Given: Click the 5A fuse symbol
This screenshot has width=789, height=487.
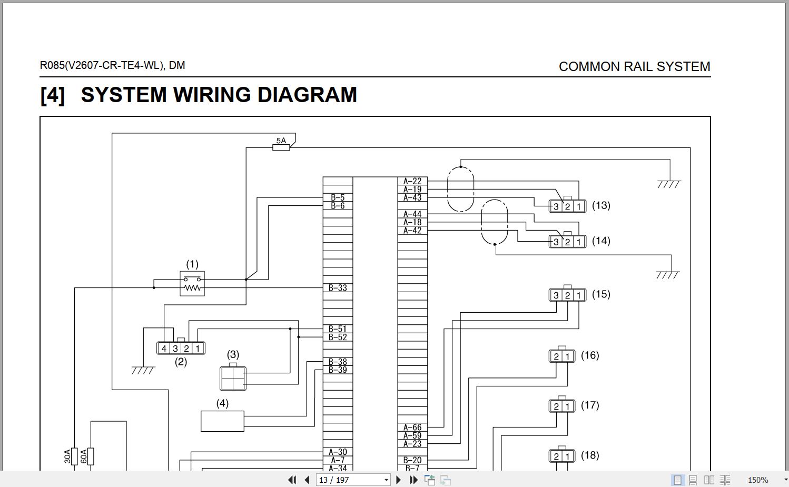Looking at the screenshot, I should (x=281, y=147).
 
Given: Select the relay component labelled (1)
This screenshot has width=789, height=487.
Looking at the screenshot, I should (x=192, y=284).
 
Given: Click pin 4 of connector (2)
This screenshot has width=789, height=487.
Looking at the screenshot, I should (x=164, y=349).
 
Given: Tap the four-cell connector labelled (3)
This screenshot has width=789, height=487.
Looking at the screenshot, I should (x=233, y=378).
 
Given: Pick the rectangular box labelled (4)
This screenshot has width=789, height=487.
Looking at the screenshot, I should (x=222, y=421).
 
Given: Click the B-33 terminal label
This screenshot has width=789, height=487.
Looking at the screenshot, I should (x=338, y=288).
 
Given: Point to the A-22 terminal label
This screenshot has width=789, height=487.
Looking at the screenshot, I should (x=412, y=181).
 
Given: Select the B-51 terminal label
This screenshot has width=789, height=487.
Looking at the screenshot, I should (x=338, y=329).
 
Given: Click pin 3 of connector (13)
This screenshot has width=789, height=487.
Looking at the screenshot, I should (x=556, y=207).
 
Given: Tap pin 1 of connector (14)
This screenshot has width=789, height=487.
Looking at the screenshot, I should (x=578, y=242).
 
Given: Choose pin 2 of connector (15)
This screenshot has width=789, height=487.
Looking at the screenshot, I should (x=567, y=296).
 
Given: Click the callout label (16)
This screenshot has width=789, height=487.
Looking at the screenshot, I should (x=590, y=355).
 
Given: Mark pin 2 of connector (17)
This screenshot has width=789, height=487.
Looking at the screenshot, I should (x=556, y=406).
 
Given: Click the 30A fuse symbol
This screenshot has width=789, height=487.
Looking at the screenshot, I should (x=75, y=456).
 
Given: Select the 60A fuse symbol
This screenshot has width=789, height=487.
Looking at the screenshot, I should (x=91, y=456).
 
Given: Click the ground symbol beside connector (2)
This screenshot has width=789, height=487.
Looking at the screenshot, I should (x=143, y=370).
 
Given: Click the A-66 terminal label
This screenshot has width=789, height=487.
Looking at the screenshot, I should (x=412, y=428).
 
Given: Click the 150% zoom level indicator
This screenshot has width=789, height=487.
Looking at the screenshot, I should (x=757, y=480).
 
